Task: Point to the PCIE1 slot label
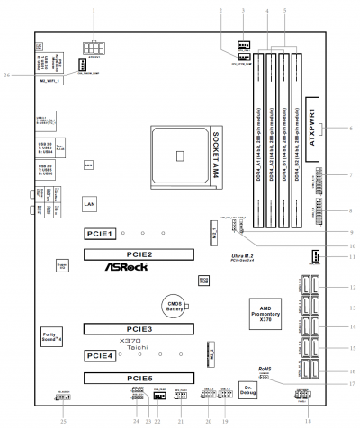coord(98,233)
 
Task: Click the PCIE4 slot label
coord(98,355)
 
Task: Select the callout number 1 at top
coord(94,7)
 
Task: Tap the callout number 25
coord(63,421)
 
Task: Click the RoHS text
coord(264,369)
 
